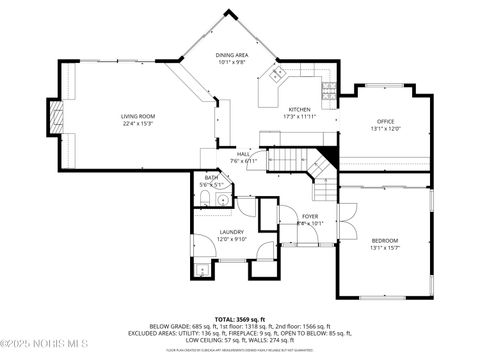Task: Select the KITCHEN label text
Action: (x=300, y=109)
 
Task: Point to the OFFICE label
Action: (x=386, y=121)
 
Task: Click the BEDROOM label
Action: (x=385, y=240)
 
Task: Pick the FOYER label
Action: (x=310, y=216)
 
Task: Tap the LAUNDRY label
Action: (x=231, y=232)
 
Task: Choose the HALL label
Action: (x=243, y=154)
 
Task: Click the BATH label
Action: (x=211, y=177)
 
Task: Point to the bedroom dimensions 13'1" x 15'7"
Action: (x=385, y=248)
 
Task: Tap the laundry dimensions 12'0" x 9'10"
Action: (x=231, y=240)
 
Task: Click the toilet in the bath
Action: (x=219, y=198)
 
